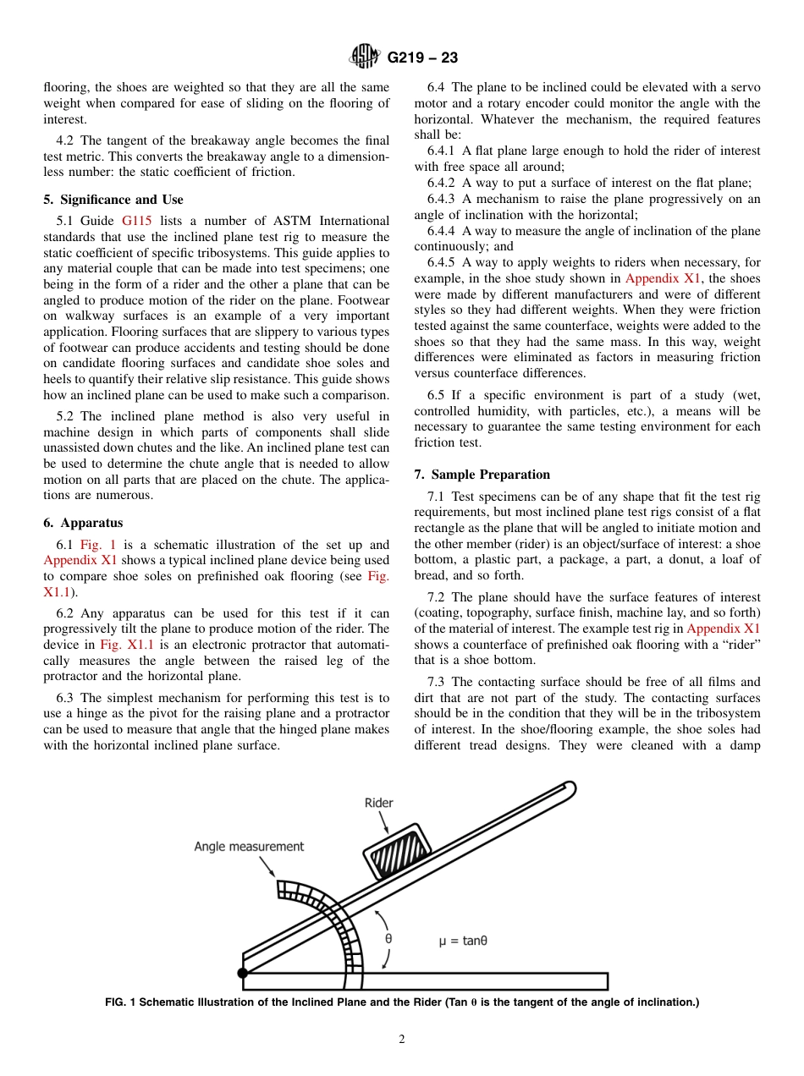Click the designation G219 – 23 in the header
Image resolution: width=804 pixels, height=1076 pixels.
click(x=422, y=58)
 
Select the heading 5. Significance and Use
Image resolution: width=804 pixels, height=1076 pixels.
click(x=113, y=200)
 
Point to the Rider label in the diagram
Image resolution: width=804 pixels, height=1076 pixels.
click(x=378, y=803)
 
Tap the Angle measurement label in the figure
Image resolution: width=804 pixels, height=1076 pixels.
click(x=249, y=846)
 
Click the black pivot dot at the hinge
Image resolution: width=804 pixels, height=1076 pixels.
click(x=243, y=974)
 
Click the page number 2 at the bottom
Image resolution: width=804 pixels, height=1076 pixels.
click(x=402, y=1040)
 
